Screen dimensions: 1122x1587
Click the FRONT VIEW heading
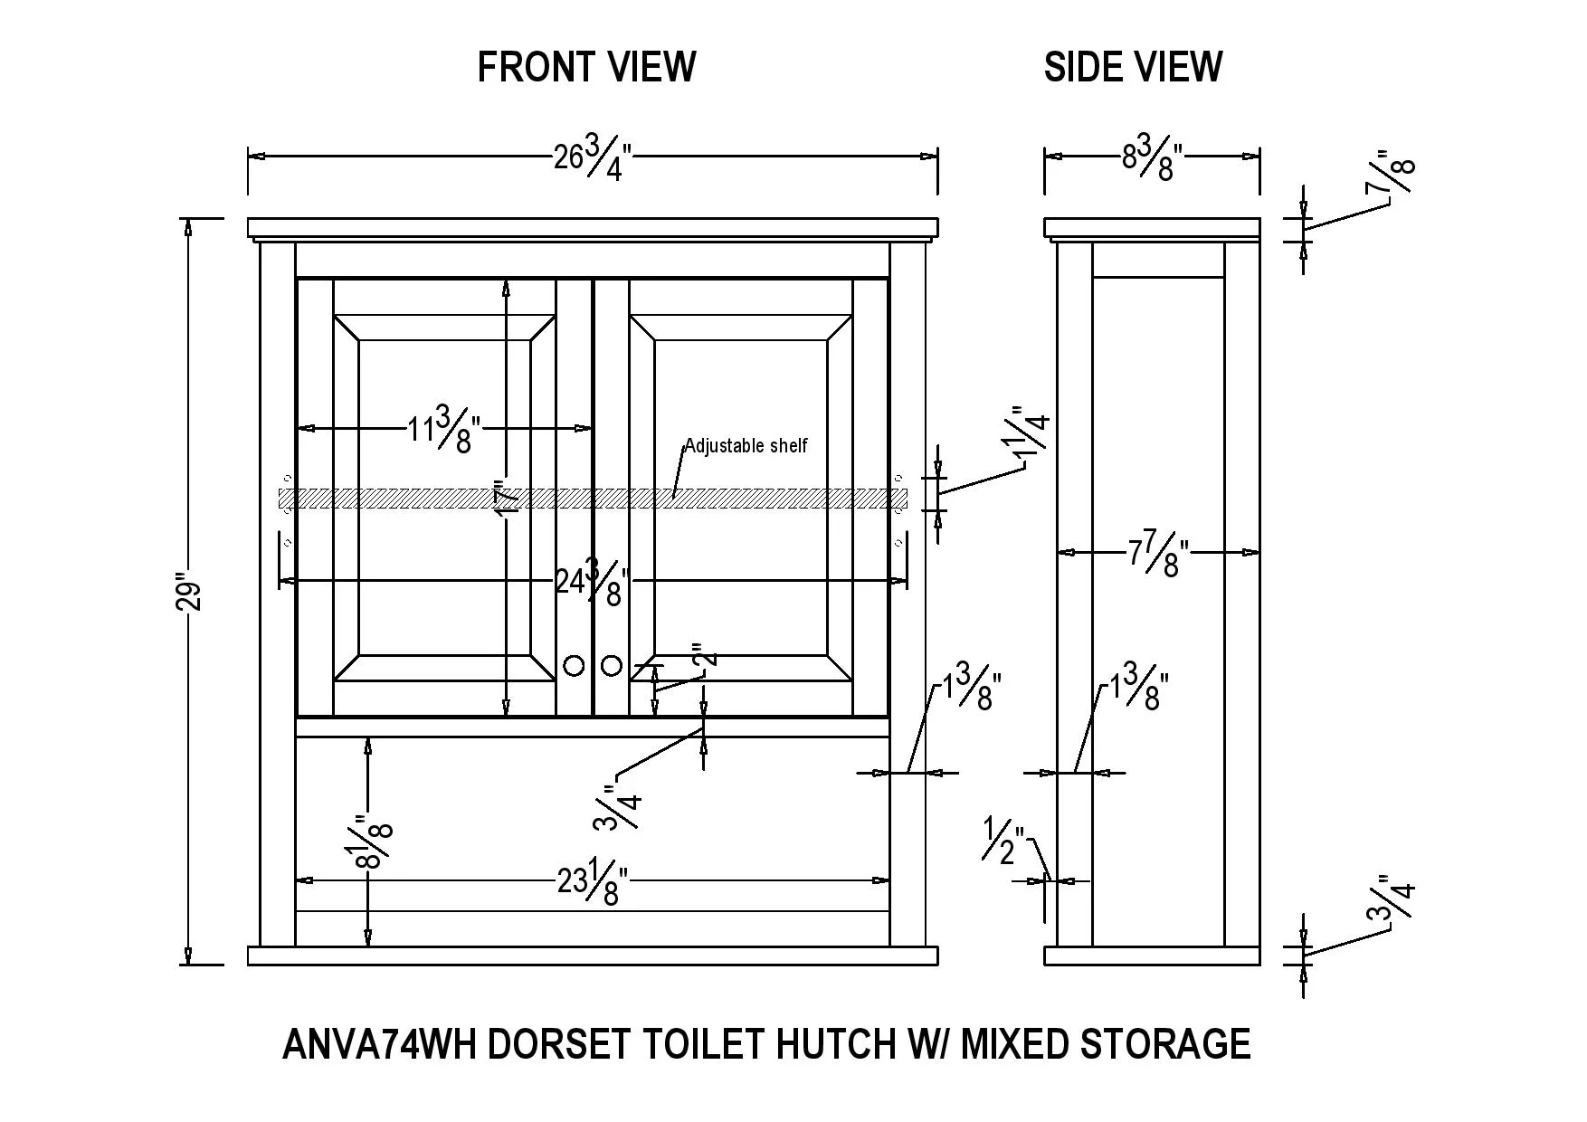pyautogui.click(x=586, y=67)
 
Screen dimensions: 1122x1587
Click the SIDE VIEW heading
pyautogui.click(x=1133, y=67)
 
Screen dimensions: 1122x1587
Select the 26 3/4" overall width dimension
pyautogui.click(x=593, y=157)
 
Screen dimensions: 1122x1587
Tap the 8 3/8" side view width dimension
pyautogui.click(x=1153, y=157)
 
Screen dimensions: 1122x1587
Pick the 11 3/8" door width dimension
pyautogui.click(x=443, y=429)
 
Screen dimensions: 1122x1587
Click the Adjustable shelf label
pyautogui.click(x=746, y=445)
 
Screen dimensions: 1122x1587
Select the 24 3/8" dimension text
pyautogui.click(x=593, y=581)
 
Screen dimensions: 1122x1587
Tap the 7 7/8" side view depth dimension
pyautogui.click(x=1158, y=553)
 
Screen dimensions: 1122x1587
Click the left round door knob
pyautogui.click(x=574, y=666)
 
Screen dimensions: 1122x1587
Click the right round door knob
pyautogui.click(x=612, y=666)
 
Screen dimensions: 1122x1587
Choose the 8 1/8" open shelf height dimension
pyautogui.click(x=373, y=841)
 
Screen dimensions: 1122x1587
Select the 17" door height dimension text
pyautogui.click(x=508, y=498)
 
